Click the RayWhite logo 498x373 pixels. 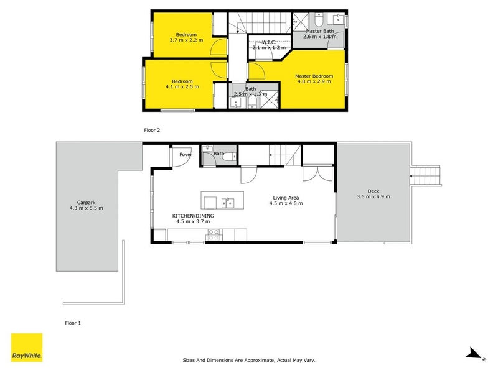click(x=27, y=348)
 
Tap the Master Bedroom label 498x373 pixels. click(x=314, y=76)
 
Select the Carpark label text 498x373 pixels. click(x=86, y=202)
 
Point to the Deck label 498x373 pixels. click(x=374, y=191)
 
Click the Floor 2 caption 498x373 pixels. click(x=153, y=130)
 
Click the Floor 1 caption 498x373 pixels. click(x=73, y=323)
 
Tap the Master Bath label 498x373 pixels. click(x=319, y=31)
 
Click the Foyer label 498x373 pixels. click(x=186, y=154)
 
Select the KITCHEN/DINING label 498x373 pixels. click(x=193, y=216)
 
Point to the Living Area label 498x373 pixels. click(x=286, y=198)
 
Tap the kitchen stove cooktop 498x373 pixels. click(x=214, y=234)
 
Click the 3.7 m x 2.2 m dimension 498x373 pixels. click(x=186, y=40)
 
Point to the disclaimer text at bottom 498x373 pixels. click(x=248, y=359)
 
